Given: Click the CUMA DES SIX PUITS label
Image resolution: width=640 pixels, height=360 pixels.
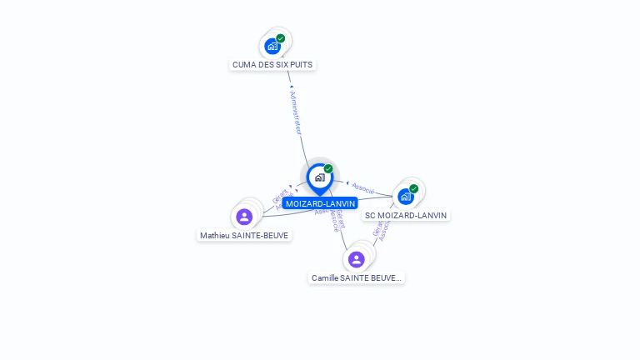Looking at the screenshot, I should [x=273, y=64].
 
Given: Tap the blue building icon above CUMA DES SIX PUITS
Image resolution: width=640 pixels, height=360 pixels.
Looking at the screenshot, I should [x=272, y=47].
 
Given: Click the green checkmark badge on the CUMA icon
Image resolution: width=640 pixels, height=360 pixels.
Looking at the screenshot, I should [x=281, y=38].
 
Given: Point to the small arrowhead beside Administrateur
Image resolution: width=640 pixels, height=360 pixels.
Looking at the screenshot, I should [x=291, y=87].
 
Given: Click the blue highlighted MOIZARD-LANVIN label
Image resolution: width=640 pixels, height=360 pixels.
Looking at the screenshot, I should [x=320, y=203].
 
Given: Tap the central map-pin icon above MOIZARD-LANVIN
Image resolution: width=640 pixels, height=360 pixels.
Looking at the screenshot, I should [x=318, y=177].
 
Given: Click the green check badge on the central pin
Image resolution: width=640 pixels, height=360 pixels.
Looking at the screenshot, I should [x=328, y=169].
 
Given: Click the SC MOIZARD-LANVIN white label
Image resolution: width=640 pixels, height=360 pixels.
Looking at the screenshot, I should [x=406, y=215].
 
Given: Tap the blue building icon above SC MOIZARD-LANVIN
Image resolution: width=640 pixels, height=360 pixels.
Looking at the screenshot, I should [x=405, y=197].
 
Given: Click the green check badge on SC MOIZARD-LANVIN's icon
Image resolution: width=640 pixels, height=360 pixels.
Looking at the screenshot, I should [x=414, y=188].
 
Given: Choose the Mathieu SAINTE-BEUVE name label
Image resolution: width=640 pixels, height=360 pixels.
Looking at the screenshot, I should [x=244, y=235].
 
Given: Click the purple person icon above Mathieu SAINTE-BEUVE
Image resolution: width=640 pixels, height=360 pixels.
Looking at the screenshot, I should [x=244, y=217].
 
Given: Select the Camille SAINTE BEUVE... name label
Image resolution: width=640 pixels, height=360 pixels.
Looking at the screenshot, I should [x=357, y=277].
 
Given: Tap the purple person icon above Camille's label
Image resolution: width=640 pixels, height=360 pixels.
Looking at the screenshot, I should [x=357, y=259].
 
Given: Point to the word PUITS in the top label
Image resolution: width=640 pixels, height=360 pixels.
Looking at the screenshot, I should [x=302, y=64].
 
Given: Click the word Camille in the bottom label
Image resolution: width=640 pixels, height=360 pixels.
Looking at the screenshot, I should [x=324, y=277].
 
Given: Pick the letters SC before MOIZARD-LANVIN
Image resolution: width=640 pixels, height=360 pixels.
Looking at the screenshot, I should [x=371, y=215].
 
